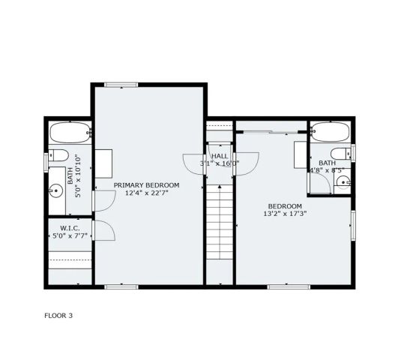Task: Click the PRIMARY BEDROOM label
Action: pos(146,184)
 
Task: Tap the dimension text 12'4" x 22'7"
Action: pos(146,193)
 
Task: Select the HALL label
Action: pos(219,155)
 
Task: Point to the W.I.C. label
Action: pos(70,227)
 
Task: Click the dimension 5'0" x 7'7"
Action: pos(70,235)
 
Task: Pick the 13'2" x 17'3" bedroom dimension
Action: pos(286,214)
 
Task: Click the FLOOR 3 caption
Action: pos(58,315)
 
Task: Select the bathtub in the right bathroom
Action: pos(330,133)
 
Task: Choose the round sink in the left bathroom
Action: pos(55,191)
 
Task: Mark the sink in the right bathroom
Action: pos(341,182)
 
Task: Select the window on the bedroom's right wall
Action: pos(352,224)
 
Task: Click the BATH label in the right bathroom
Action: pos(327,163)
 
